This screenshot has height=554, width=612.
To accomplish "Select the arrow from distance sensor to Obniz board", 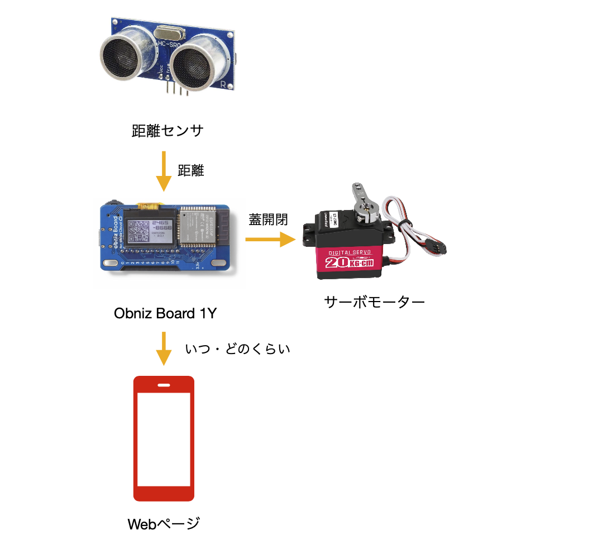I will click(x=164, y=170).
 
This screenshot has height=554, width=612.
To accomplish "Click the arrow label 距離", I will click(x=191, y=170).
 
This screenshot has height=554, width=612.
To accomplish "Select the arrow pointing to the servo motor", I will click(x=270, y=240).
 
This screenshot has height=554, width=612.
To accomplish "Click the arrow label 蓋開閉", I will click(x=269, y=219).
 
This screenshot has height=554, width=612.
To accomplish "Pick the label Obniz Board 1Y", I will click(x=165, y=313).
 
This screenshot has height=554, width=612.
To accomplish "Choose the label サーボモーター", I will click(x=374, y=302).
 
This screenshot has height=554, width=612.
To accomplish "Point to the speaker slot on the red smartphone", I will click(x=164, y=385).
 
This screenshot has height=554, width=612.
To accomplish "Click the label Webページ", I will click(x=164, y=524).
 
